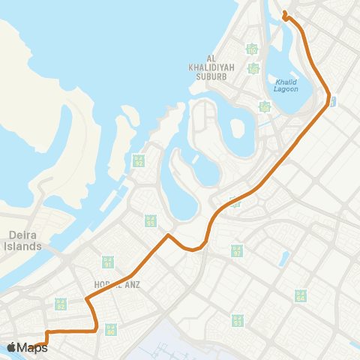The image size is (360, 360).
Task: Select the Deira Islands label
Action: [16, 239]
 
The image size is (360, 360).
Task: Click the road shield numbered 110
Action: [252, 49]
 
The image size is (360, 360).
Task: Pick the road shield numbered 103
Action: [254, 68]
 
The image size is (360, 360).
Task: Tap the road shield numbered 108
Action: [264, 106]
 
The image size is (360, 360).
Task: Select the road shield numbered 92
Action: [138, 160]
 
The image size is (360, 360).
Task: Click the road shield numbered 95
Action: [151, 220]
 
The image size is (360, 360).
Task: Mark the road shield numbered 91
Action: [108, 262]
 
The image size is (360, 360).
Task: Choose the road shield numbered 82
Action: [61, 304]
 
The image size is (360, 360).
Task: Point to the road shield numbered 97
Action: [237, 250]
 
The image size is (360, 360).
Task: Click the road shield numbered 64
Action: [301, 295]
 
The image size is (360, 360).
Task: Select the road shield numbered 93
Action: [238, 321]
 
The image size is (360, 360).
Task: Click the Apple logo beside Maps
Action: [12, 347]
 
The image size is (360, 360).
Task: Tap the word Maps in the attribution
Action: [33, 347]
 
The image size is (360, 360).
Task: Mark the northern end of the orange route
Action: [284, 13]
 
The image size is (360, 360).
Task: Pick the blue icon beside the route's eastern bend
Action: [333, 100]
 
